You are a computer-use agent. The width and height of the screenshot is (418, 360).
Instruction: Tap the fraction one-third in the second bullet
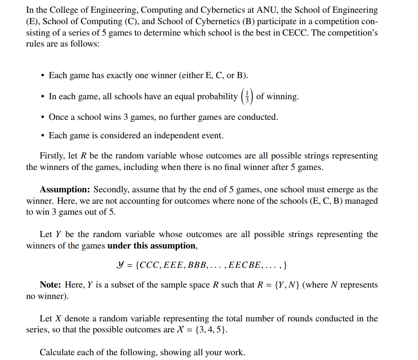tap(247, 96)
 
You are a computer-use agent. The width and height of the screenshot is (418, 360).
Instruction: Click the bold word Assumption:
tap(65, 190)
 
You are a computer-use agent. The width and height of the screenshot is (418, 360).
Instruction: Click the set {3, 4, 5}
tap(212, 330)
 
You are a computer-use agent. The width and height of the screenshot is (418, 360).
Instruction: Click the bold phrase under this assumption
tap(152, 246)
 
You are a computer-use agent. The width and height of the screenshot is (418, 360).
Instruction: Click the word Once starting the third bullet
tap(58, 117)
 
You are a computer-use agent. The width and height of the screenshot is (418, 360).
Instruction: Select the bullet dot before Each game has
tap(42, 76)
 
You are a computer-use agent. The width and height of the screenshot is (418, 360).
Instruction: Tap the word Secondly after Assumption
tap(111, 190)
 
